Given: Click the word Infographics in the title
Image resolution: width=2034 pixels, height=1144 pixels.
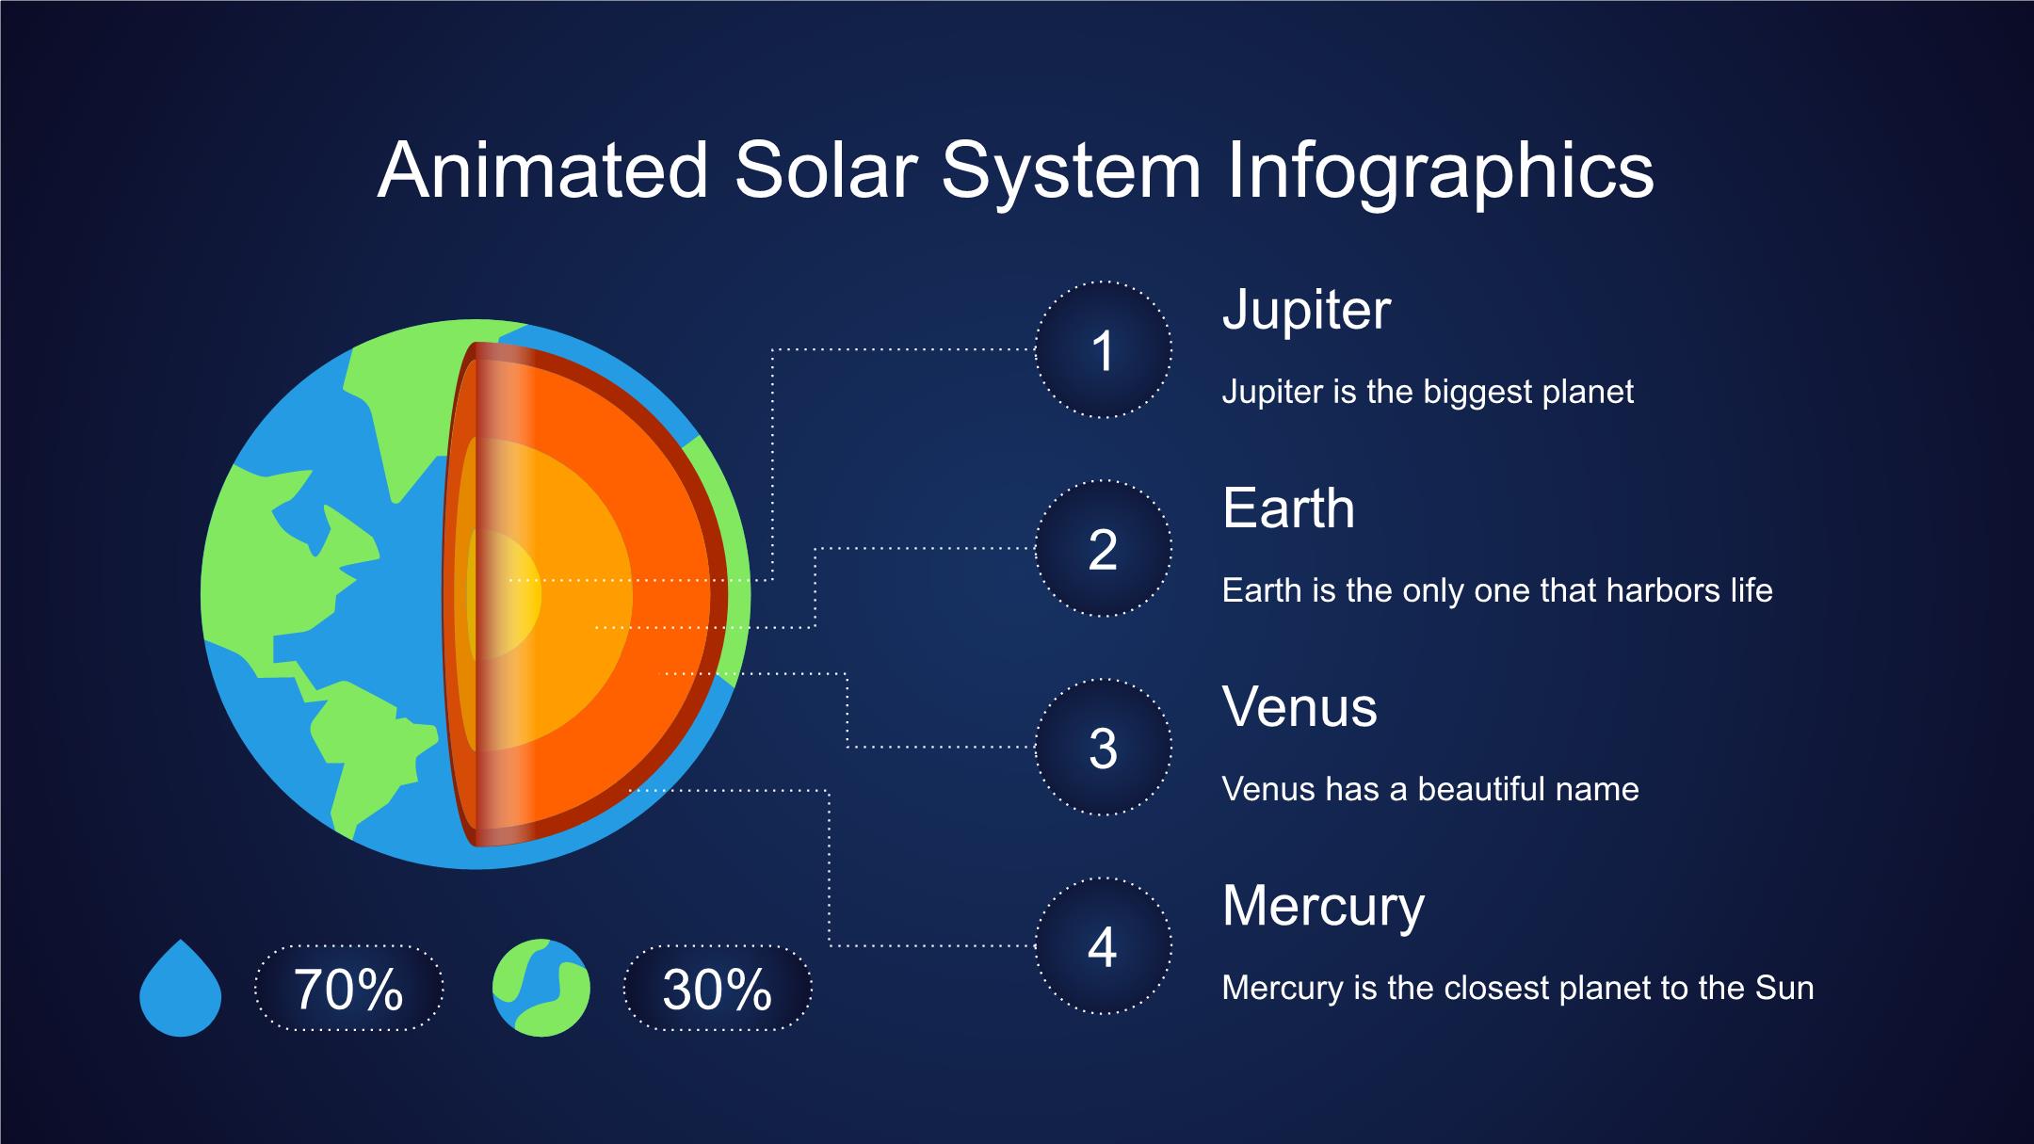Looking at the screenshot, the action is pyautogui.click(x=1440, y=172).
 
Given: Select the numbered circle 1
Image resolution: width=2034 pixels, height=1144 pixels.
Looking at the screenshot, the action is pyautogui.click(x=1103, y=349).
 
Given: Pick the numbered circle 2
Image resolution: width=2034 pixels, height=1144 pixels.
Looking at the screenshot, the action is pyautogui.click(x=1103, y=549).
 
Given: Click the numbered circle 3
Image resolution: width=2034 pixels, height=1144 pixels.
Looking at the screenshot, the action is pyautogui.click(x=1103, y=748).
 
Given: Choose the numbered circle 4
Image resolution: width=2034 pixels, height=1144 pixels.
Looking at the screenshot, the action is pyautogui.click(x=1103, y=946).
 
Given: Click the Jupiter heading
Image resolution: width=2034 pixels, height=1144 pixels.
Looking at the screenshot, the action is pyautogui.click(x=1306, y=312).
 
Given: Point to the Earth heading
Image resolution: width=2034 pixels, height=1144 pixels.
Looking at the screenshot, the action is pyautogui.click(x=1288, y=508).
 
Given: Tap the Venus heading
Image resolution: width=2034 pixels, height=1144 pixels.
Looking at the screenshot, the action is pyautogui.click(x=1299, y=707).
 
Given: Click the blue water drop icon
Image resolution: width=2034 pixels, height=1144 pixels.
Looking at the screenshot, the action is pyautogui.click(x=180, y=988).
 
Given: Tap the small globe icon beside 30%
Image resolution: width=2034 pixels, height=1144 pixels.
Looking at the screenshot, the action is pyautogui.click(x=541, y=988).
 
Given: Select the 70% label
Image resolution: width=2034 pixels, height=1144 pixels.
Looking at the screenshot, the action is pyautogui.click(x=348, y=989).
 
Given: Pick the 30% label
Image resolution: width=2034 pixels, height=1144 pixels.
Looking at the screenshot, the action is pyautogui.click(x=718, y=989).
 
